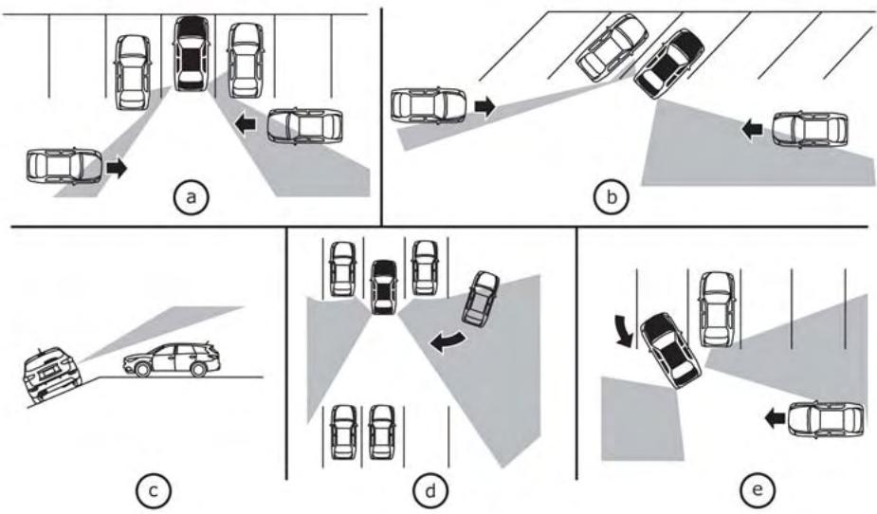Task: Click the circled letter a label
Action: [191, 197]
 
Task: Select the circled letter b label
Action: [612, 197]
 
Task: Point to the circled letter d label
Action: [430, 490]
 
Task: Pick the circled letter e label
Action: [758, 489]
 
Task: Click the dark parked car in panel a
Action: [191, 53]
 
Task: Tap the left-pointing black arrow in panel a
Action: [247, 123]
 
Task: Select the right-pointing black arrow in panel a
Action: [117, 168]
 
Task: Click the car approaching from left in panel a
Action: [64, 166]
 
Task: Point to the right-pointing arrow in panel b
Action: [484, 106]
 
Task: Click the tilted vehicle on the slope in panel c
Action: [50, 375]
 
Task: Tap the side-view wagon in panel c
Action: [173, 359]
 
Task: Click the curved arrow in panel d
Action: [446, 341]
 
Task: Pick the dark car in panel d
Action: [383, 286]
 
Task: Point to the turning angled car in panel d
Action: [480, 299]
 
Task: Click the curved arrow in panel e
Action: [623, 331]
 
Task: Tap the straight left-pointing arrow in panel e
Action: [776, 417]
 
